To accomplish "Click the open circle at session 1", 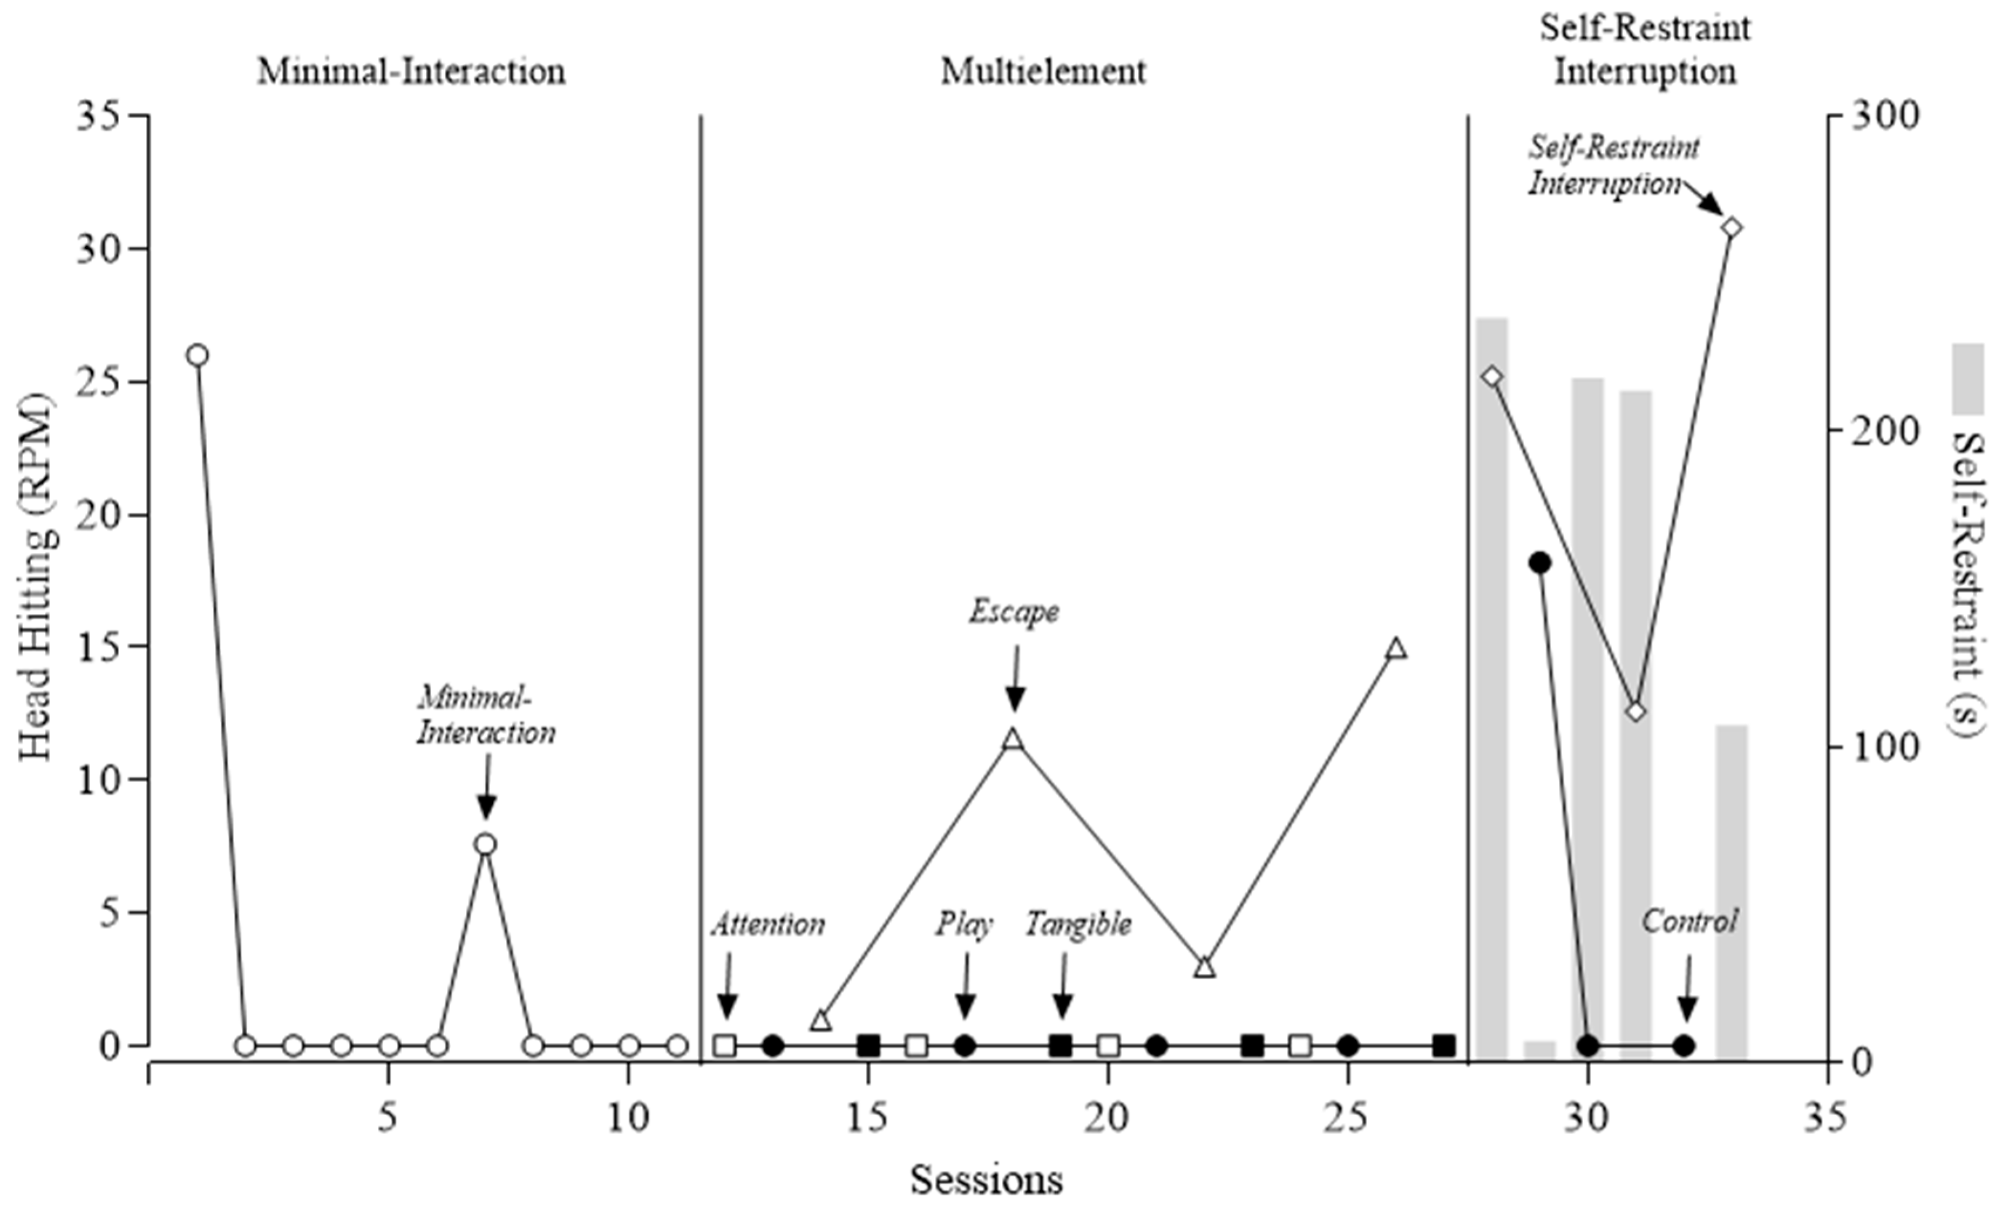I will [198, 355].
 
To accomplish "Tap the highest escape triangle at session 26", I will [1396, 648].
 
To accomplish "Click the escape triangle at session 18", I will [1012, 739].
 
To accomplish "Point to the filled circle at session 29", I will [1539, 562].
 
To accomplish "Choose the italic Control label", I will [1689, 922].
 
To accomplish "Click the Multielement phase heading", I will [1044, 72].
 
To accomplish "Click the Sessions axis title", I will [985, 1179].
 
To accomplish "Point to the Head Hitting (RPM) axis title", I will [36, 577].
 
